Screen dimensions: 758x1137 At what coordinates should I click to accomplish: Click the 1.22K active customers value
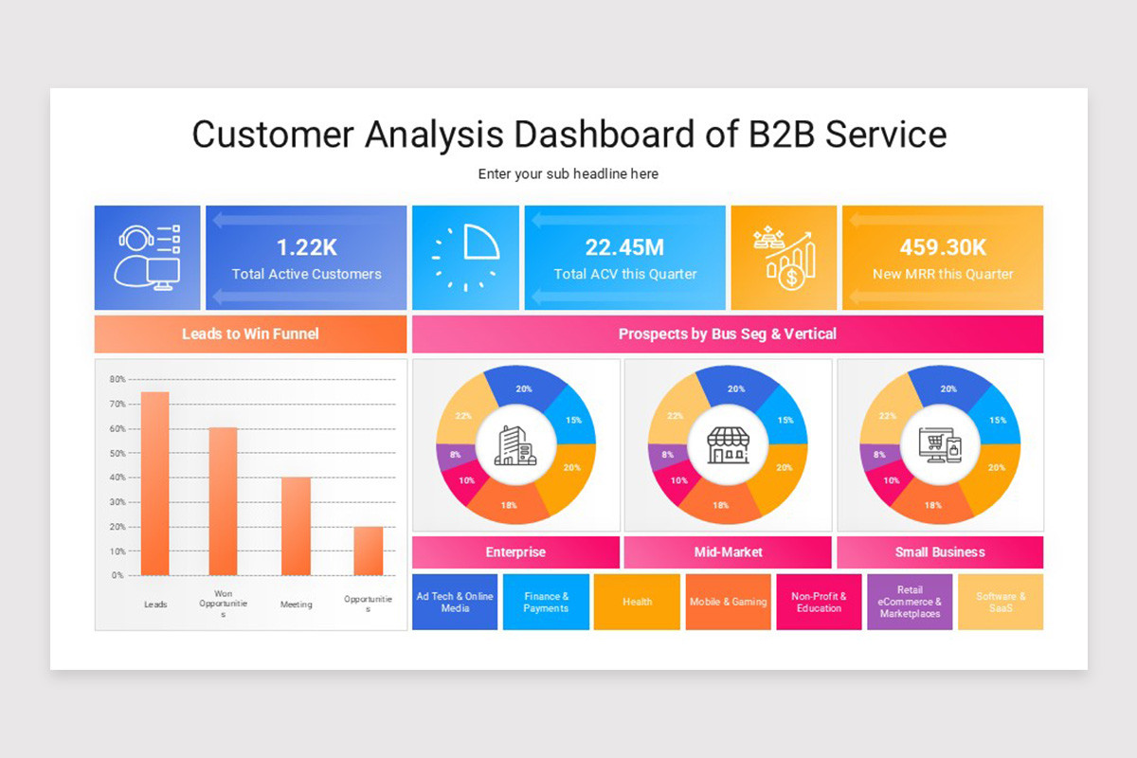tap(306, 247)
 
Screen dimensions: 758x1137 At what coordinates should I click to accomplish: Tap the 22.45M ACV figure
tap(624, 247)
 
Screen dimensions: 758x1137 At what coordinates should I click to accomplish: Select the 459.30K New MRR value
tap(943, 247)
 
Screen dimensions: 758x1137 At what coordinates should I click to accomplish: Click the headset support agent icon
tap(147, 257)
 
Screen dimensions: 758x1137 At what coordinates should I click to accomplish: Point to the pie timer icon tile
tap(465, 257)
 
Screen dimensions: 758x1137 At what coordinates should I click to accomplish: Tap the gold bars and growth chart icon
tap(784, 257)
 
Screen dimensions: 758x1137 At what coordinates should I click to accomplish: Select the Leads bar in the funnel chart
tap(155, 483)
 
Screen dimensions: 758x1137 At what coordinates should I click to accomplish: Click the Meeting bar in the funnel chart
tap(296, 526)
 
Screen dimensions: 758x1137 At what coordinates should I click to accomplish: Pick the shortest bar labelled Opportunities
tap(368, 550)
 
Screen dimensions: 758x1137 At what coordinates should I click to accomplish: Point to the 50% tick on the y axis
tap(117, 453)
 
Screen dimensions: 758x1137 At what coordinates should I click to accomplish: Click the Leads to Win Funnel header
tap(250, 334)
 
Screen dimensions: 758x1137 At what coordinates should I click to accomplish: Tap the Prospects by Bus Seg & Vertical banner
tap(727, 334)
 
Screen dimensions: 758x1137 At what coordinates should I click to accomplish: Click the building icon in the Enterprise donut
tap(515, 444)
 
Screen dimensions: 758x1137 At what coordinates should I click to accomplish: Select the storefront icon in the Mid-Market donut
tap(728, 444)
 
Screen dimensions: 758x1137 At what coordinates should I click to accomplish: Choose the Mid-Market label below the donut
tap(728, 551)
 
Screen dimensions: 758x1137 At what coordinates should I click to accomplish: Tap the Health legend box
tap(637, 602)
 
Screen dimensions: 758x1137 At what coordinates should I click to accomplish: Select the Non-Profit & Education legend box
tap(819, 602)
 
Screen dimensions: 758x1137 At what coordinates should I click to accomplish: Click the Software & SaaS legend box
tap(1001, 602)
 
